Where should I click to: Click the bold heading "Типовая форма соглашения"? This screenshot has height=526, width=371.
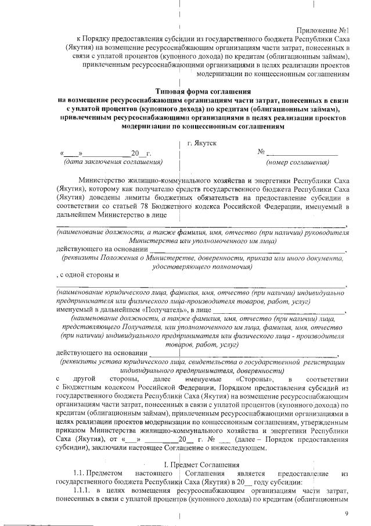(x=203, y=91)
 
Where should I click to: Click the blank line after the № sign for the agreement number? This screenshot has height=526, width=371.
(x=302, y=153)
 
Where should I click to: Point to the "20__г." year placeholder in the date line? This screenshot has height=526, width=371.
(x=141, y=153)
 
